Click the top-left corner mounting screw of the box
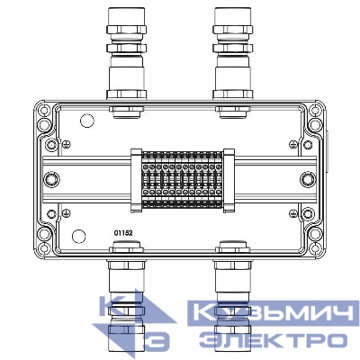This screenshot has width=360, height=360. tap(43, 112)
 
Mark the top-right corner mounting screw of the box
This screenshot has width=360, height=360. tap(316, 112)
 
